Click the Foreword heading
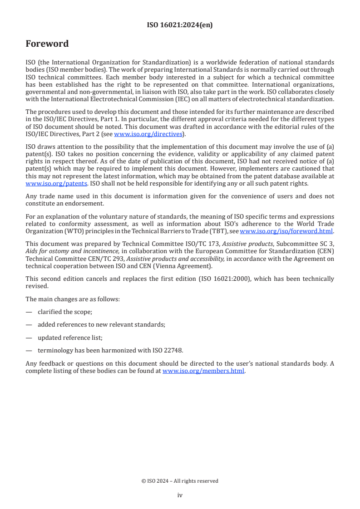point(47,44)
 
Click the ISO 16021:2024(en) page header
point(180,25)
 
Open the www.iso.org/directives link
point(148,134)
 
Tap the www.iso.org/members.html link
point(203,371)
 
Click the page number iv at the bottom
point(180,495)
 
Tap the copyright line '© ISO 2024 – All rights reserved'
point(180,481)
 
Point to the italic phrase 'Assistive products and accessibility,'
point(173,259)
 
